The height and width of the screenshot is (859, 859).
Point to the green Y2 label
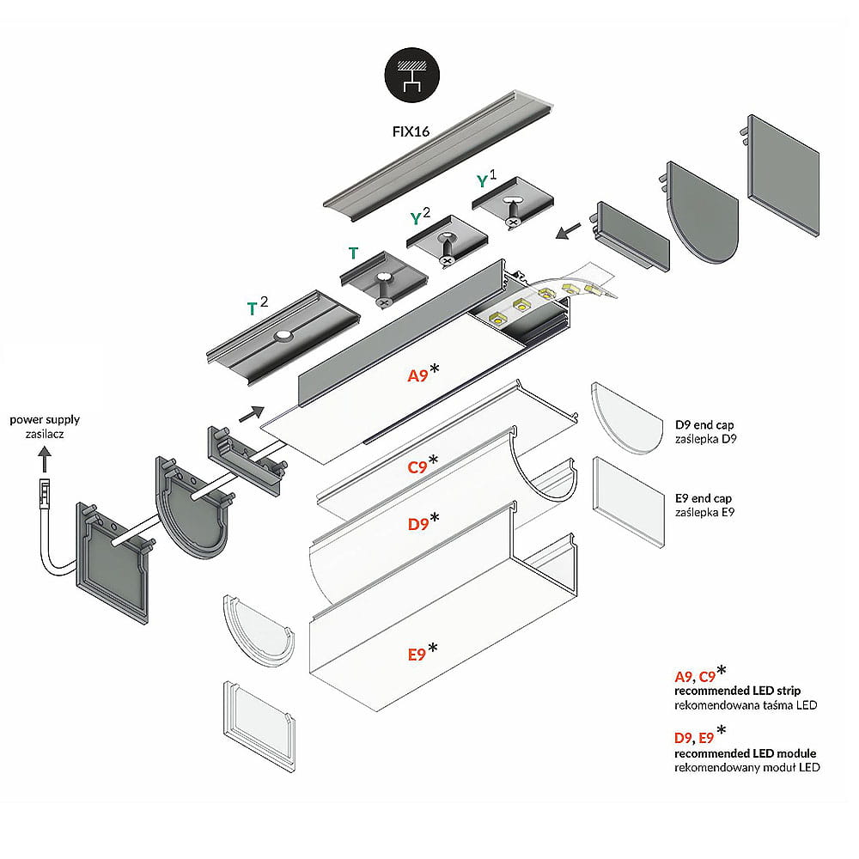click(x=420, y=216)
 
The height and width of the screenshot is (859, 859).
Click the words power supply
click(x=45, y=420)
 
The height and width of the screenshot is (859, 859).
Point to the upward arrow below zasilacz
click(x=44, y=463)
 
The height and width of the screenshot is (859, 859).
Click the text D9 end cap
click(x=704, y=424)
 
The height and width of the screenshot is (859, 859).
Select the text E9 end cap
click(x=704, y=497)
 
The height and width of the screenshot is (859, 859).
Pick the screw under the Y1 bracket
click(x=514, y=221)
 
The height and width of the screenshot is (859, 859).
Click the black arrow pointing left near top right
click(x=569, y=230)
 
